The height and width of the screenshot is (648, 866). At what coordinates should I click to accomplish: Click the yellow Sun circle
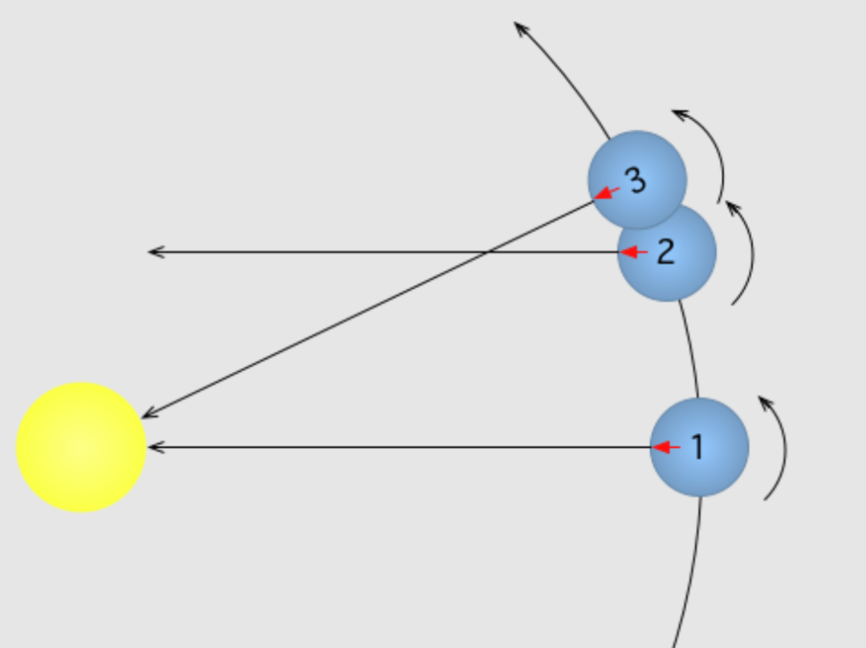pos(81,447)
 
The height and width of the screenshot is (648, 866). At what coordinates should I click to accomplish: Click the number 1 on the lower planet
pos(698,446)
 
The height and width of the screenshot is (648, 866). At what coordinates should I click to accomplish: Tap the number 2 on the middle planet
pos(666,252)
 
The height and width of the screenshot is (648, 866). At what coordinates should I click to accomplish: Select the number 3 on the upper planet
pos(636,180)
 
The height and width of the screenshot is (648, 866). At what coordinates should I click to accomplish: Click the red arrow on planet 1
pos(666,447)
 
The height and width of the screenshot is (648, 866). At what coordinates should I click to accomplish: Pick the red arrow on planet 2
pos(634,252)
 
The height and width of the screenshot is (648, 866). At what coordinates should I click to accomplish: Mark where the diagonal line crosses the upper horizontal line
pos(487,252)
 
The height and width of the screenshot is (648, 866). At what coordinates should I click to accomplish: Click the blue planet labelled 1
pos(700,447)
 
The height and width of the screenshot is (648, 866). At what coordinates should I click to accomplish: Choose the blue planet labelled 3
pos(638,180)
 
